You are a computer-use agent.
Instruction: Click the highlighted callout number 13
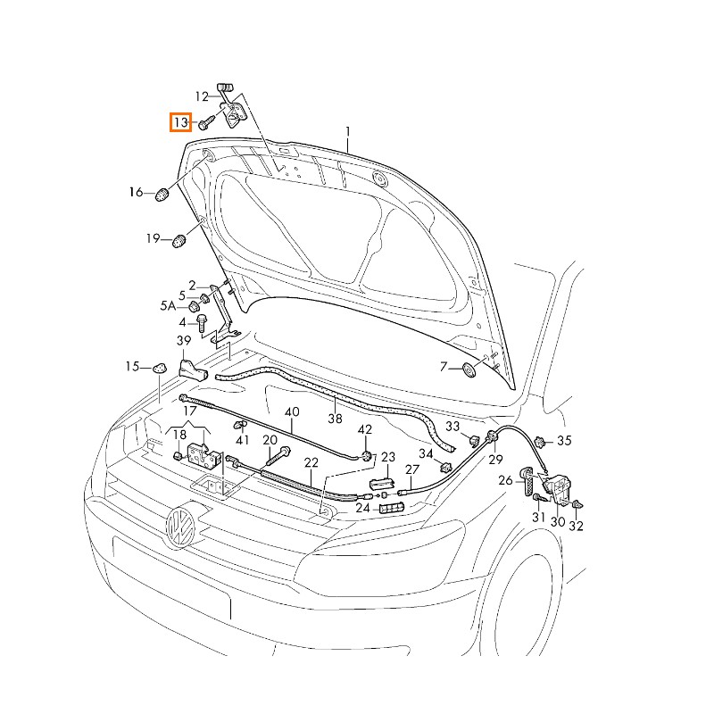(181, 121)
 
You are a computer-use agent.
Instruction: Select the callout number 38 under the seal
(335, 418)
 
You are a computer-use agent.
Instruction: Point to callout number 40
(292, 411)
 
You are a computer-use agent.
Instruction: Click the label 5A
(169, 306)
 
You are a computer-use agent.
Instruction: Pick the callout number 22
(311, 462)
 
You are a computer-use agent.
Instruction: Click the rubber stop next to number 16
(163, 193)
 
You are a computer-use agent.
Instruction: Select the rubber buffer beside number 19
(179, 239)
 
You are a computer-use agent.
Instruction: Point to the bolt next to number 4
(202, 322)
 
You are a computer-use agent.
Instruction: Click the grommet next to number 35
(540, 441)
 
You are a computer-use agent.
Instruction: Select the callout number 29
(495, 460)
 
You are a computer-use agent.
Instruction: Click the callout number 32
(576, 526)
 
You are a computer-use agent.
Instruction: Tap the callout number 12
(202, 96)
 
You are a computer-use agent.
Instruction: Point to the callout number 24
(362, 508)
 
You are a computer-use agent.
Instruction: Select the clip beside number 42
(367, 456)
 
